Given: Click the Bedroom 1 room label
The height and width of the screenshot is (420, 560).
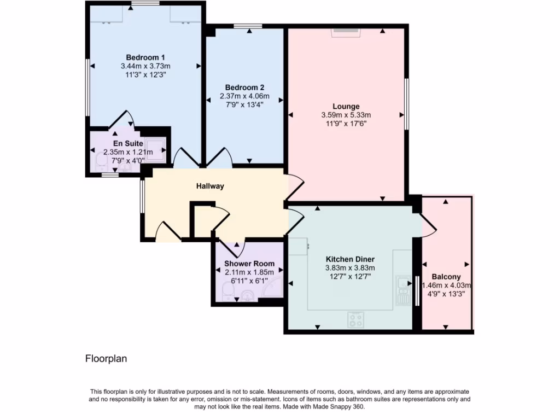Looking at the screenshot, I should tap(145, 57).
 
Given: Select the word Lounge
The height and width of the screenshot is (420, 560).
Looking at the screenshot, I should tap(346, 106).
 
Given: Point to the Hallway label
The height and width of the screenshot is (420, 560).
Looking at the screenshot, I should tap(211, 186).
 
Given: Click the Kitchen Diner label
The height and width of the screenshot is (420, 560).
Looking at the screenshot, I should tap(350, 259).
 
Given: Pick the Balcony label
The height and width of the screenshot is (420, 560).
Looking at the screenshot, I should tap(446, 277).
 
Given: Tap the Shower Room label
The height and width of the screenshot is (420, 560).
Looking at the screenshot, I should tap(249, 264).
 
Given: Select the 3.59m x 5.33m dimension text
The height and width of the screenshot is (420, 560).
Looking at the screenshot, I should tap(346, 115).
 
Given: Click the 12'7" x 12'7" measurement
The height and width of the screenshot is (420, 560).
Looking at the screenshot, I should tap(350, 276).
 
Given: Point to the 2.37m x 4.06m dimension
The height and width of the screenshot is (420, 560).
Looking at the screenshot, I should tap(245, 96).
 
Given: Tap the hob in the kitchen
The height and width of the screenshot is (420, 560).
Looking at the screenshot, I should tap(356, 319).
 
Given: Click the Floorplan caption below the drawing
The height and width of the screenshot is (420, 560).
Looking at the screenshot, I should tap(106, 359).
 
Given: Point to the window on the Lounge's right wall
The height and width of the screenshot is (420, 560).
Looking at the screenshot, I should tap(406, 104).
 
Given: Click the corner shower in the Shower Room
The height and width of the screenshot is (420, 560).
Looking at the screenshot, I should tap(273, 289).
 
